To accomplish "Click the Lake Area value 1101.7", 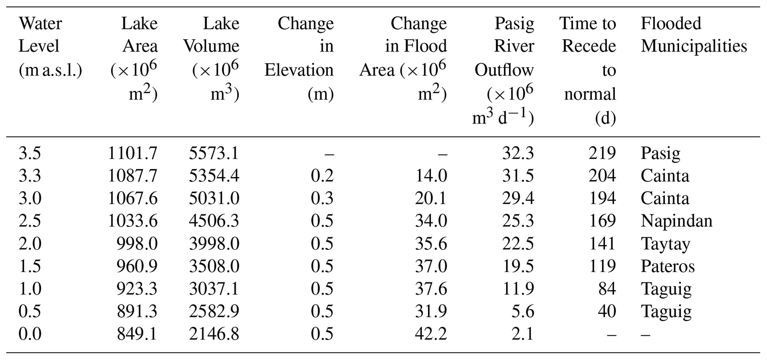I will [132, 153].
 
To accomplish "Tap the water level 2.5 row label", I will [30, 221].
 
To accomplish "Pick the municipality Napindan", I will [676, 221].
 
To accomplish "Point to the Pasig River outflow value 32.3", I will [518, 153].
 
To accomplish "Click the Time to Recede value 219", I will [602, 153].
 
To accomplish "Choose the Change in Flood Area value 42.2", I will [431, 334].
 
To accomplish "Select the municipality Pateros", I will [668, 266].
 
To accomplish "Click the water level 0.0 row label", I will [30, 334].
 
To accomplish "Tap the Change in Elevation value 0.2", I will [322, 176].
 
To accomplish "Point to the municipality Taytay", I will [665, 243].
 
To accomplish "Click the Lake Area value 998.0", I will [137, 243].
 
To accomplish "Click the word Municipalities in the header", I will [694, 46].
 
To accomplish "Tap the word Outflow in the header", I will [504, 70].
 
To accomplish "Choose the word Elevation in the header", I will [299, 70].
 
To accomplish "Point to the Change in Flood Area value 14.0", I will [431, 176].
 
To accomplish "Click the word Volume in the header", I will [212, 46].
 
